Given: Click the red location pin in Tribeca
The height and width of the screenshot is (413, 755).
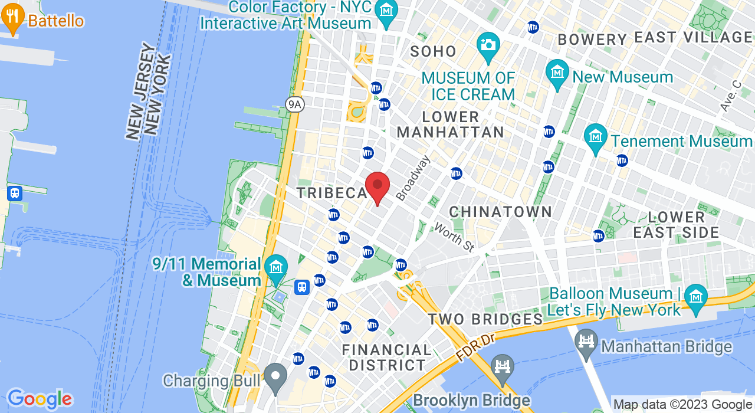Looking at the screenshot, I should [x=377, y=186].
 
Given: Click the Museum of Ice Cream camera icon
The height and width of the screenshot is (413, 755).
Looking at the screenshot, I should [x=488, y=46].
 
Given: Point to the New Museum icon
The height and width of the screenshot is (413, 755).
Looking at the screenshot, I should [x=557, y=73].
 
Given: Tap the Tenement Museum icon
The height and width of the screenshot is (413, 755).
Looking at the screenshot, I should [x=596, y=137].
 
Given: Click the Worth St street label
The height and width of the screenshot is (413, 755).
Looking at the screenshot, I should [x=454, y=237].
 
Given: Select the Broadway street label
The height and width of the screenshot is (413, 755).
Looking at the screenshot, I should [x=413, y=178].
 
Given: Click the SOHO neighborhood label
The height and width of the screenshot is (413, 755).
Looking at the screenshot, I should [x=434, y=51].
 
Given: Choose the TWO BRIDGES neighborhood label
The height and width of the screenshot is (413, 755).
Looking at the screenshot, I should [x=485, y=319].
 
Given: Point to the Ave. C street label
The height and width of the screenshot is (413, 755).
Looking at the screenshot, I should [x=730, y=96].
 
